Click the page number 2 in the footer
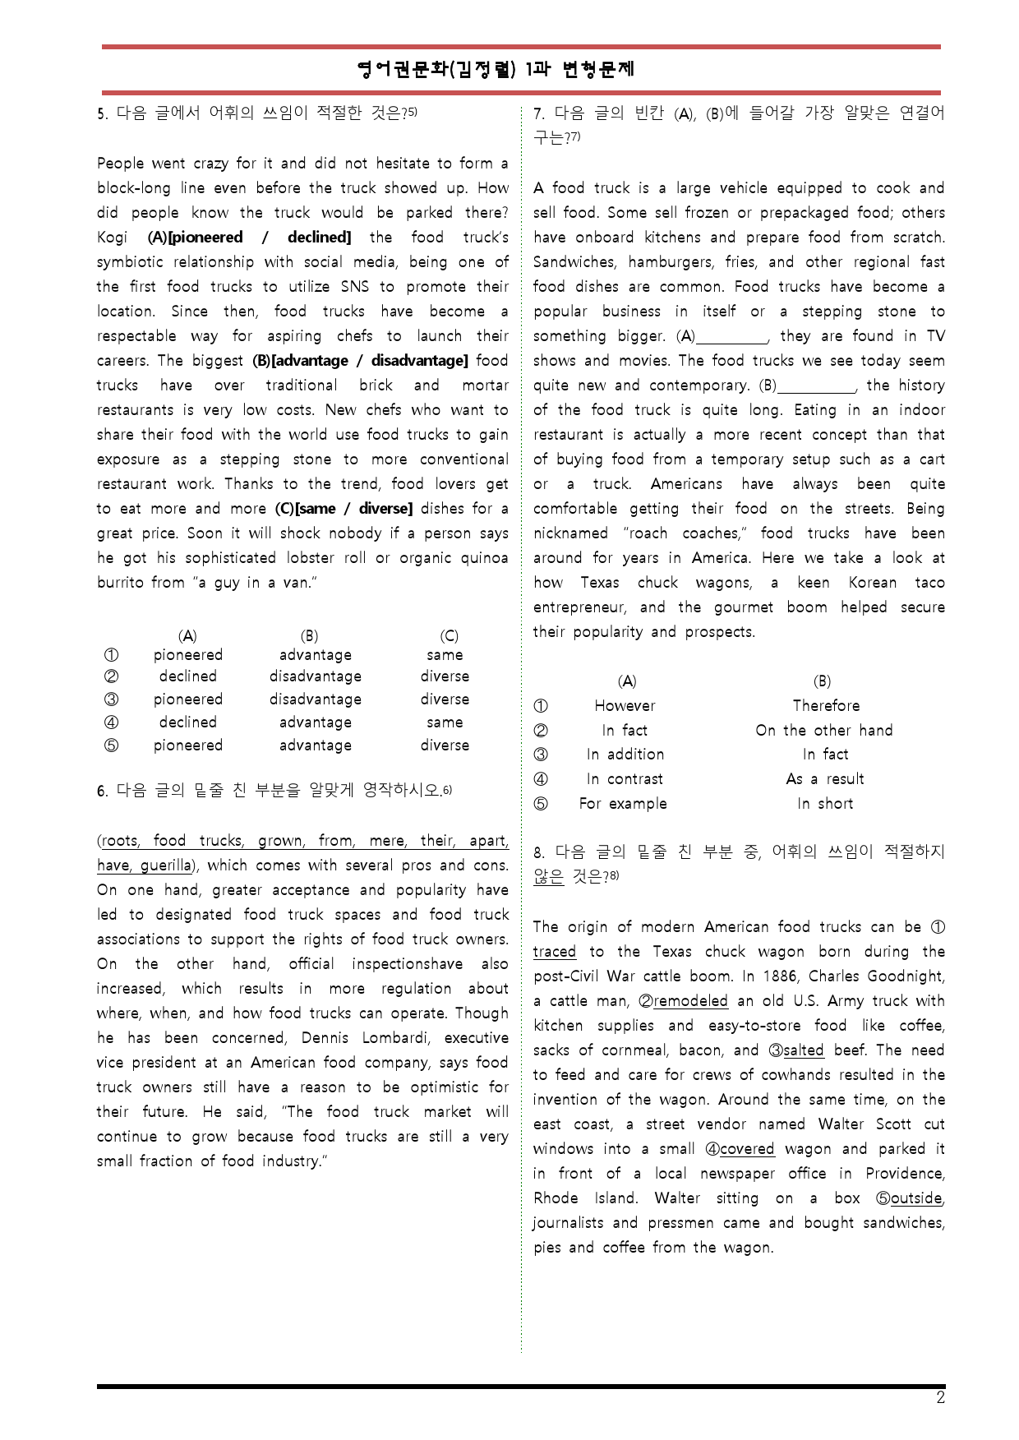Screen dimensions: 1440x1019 940,1398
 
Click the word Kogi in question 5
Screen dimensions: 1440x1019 112,238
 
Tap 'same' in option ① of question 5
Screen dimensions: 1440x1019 445,655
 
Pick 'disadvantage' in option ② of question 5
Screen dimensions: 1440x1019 316,676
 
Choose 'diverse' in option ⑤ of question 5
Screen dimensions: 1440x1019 445,745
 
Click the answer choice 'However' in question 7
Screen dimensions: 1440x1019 625,706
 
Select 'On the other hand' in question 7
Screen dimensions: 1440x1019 823,731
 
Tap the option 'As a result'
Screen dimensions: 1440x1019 824,779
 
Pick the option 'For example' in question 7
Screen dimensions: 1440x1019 623,804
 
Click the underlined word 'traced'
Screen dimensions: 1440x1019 554,952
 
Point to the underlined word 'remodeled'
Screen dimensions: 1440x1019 690,1001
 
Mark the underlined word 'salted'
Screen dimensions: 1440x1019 803,1050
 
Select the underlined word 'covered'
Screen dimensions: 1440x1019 747,1149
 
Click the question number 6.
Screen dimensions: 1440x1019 102,792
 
